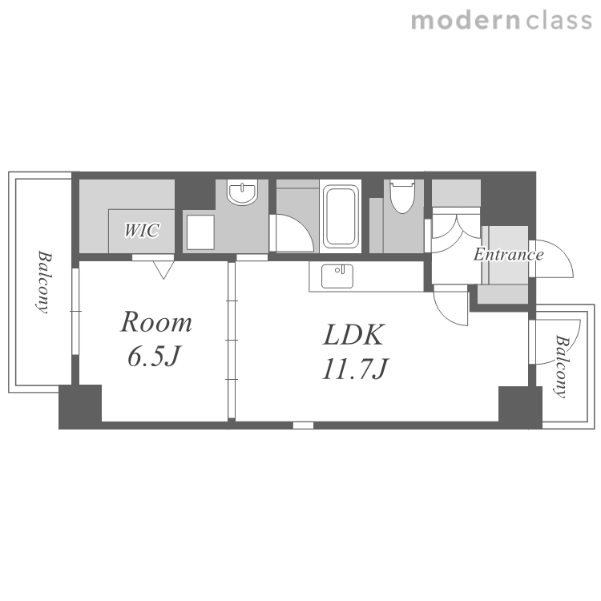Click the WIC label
coord(141,230)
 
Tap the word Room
coord(156,322)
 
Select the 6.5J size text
coord(153,356)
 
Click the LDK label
coord(353,335)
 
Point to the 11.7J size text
coord(355,369)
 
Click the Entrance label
coord(508,255)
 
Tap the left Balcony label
coord(44,282)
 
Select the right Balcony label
coord(561,367)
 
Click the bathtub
coord(341,216)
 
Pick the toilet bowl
coord(402,196)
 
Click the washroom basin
coord(242,192)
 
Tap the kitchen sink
coord(337,276)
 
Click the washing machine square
coord(200,232)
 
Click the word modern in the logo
coord(466,21)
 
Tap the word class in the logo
coord(559,21)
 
